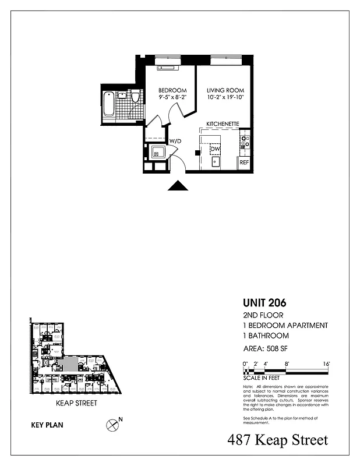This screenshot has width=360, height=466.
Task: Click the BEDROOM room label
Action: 172,90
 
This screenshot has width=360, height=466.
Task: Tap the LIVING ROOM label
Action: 224,90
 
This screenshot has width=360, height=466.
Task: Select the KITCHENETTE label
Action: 223,124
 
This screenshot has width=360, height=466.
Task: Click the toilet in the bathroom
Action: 135,97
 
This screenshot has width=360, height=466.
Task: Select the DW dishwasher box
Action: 215,149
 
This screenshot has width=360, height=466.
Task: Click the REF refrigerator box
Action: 244,163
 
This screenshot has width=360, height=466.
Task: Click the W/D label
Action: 175,141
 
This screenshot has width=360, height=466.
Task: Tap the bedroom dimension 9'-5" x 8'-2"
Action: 172,98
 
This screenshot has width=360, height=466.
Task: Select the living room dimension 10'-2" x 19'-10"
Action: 224,98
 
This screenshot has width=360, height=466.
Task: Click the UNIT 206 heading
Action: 264,303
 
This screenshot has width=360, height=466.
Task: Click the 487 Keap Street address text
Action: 277,440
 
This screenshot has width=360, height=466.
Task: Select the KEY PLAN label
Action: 47,425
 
